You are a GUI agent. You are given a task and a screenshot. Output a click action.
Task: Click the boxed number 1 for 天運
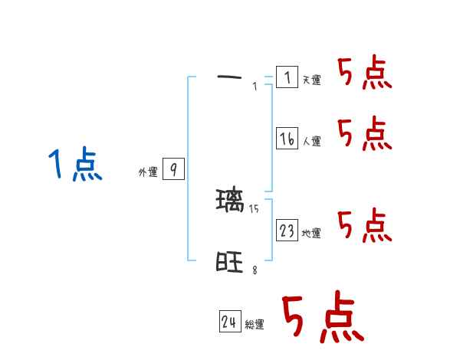pos(287,77)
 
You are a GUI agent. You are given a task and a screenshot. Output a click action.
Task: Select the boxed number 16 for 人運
pos(287,139)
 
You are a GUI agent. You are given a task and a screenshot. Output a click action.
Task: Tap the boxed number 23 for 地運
pos(287,231)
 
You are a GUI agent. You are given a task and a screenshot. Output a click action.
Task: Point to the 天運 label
pos(311,80)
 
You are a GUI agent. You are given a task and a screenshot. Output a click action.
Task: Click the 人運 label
pos(311,142)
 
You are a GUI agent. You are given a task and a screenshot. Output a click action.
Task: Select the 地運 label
pos(311,234)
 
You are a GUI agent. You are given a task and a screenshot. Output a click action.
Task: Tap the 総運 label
pos(255,326)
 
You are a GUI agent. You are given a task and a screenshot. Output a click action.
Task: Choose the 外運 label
pos(148,173)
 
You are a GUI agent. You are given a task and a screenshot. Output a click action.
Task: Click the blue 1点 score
pos(75,165)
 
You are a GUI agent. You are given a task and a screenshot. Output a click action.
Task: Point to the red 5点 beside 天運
pos(365,74)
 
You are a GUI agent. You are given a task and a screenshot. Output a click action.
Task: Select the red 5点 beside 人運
pos(365,134)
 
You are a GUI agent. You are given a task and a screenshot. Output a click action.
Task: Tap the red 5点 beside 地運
pos(365,225)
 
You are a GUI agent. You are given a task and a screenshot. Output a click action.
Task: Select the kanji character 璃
pos(229,201)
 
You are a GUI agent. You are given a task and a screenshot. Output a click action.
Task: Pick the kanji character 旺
pos(229,263)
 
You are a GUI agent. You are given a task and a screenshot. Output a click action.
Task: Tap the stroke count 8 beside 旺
pos(255,270)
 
